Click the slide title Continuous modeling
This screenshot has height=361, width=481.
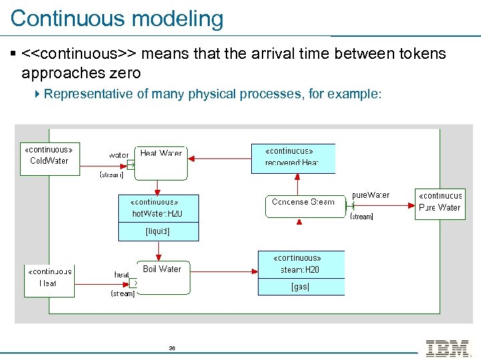pyautogui.click(x=117, y=18)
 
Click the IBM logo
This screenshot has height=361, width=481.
pyautogui.click(x=447, y=348)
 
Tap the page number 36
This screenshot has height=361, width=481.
pyautogui.click(x=172, y=348)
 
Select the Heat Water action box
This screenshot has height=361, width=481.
pyautogui.click(x=161, y=162)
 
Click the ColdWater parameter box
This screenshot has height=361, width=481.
pyautogui.click(x=49, y=155)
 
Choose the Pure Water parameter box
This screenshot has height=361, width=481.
pyautogui.click(x=440, y=202)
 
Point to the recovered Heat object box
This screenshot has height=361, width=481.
pyautogui.click(x=292, y=158)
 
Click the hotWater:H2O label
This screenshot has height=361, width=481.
pyautogui.click(x=157, y=214)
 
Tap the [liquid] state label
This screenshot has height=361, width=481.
pyautogui.click(x=158, y=231)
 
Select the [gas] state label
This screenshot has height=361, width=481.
pyautogui.click(x=300, y=287)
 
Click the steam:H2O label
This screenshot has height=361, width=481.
pyautogui.click(x=300, y=269)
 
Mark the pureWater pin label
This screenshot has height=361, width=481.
pyautogui.click(x=371, y=195)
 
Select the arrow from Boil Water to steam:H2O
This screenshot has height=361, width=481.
pyautogui.click(x=224, y=271)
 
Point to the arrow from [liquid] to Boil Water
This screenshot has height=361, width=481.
pyautogui.click(x=158, y=251)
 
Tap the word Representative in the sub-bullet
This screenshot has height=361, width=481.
pyautogui.click(x=88, y=94)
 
